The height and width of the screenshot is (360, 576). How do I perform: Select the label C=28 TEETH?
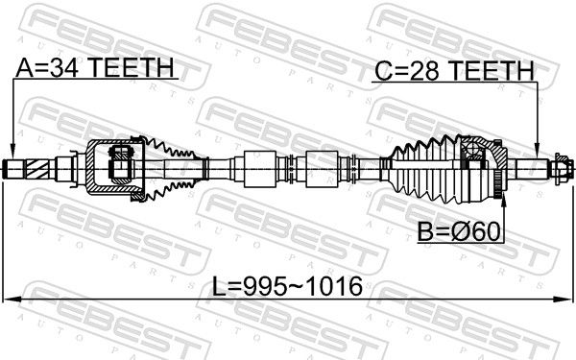[454, 70]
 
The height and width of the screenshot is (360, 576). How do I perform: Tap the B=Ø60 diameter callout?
[459, 231]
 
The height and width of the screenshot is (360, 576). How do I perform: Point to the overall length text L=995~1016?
[288, 286]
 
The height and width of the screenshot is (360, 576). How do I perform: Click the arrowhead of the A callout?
[12, 153]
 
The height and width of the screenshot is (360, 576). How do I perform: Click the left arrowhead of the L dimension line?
[11, 300]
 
